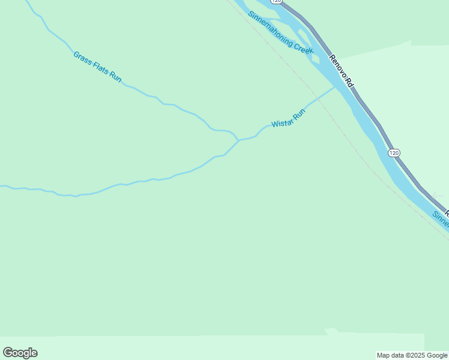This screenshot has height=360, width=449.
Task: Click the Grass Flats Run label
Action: (97, 67)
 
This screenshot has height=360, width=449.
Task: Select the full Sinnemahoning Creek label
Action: (281, 33)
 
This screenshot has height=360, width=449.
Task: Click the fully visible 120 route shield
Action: (394, 153)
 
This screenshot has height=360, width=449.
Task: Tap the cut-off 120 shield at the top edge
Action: (276, 2)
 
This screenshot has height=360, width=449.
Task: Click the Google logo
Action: (20, 353)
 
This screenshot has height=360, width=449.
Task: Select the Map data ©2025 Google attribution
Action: (412, 355)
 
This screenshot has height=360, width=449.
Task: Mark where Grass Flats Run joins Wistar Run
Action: (238, 140)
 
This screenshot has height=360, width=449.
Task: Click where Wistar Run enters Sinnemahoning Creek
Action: (335, 88)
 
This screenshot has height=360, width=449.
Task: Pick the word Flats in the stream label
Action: (100, 68)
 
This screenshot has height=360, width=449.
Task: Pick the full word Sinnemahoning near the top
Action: (271, 27)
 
